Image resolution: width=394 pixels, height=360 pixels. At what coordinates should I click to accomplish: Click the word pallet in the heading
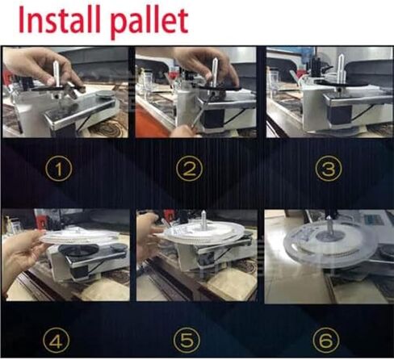tap(149, 22)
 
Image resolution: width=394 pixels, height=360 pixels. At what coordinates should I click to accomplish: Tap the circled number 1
tap(59, 169)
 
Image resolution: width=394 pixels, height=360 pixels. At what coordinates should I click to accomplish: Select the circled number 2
tap(189, 169)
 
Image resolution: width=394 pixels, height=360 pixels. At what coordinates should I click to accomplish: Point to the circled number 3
tap(329, 169)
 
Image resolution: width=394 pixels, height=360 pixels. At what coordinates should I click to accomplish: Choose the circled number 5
tap(187, 340)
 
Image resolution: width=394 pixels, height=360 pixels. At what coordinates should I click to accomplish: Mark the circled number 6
tap(326, 340)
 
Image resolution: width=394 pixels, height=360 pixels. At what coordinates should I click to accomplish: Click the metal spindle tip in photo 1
tap(56, 62)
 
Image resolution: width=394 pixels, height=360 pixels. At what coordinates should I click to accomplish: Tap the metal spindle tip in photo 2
tap(215, 59)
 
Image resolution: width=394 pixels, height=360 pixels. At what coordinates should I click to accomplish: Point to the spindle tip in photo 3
tap(341, 57)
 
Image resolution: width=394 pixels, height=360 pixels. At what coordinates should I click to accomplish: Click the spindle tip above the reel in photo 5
tap(203, 212)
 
